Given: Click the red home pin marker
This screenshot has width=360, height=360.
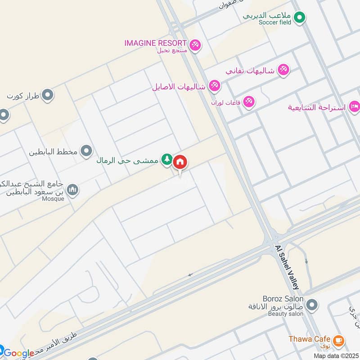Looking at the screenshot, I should tap(180, 162).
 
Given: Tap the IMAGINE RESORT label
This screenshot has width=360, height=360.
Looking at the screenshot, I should tap(156, 43).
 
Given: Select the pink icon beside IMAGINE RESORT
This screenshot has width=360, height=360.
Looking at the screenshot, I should tap(195, 45).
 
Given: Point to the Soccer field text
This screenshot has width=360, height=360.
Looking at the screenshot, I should tap(275, 22).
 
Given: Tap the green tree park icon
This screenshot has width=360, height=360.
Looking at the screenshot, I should tap(167, 159).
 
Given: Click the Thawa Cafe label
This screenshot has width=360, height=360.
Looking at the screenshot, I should tap(310, 339).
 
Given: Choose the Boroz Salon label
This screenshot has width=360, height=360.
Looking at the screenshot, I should tap(283, 299).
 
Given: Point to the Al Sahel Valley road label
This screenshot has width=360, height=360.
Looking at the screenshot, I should tap(287, 267).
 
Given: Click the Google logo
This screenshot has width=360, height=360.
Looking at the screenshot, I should tap(19, 353).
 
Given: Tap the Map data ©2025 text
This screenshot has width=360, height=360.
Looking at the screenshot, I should tap(335, 355).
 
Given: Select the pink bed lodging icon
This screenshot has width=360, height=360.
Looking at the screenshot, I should tap(354, 107).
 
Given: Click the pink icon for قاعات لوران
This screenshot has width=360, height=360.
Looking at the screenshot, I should tap(248, 103).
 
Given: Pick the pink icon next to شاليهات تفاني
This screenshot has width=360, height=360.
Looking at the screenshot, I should tap(283, 70).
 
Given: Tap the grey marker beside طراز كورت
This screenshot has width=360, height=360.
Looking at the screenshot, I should tap(47, 95).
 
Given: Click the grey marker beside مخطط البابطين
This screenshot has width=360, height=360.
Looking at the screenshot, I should tap(86, 151).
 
